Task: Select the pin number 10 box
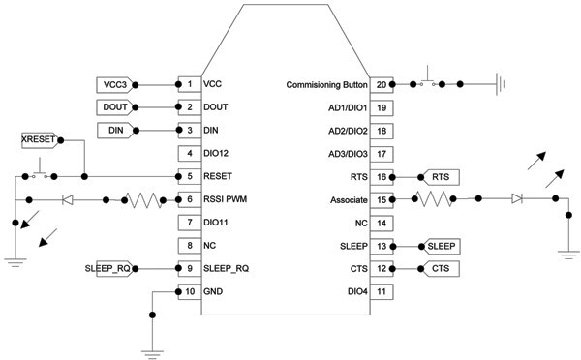click(189, 290)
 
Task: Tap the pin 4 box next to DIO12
click(189, 153)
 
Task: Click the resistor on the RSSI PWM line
click(144, 200)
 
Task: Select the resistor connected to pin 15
click(432, 199)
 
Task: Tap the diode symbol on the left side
click(67, 200)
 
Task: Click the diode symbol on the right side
click(517, 199)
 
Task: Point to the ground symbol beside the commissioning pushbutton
click(497, 85)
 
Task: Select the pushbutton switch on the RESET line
click(40, 175)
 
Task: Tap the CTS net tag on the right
click(440, 268)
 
